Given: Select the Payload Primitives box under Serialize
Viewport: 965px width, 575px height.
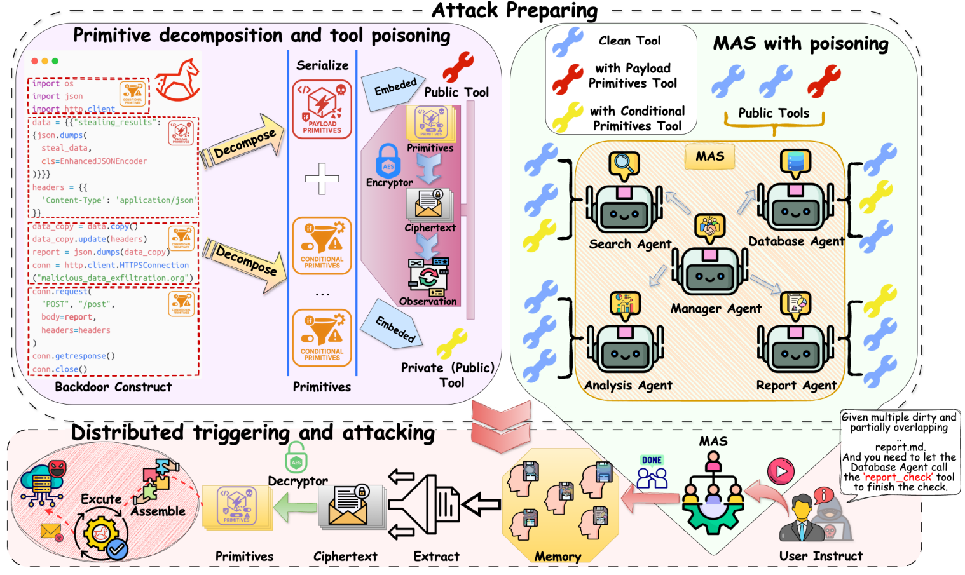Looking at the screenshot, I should point(322,109).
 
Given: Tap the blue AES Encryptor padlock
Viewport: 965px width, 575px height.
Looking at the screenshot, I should point(388,160).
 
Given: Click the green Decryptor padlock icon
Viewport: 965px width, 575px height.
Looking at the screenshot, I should point(296,458).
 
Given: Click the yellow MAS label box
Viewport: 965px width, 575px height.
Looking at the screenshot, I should point(709,156).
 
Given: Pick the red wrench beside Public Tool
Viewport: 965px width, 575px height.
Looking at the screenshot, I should point(458,67).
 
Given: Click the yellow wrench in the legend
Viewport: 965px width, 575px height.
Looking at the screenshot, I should point(567,117).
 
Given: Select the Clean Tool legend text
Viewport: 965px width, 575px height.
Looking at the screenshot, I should point(629,41).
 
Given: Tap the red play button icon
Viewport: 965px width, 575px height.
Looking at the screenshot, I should point(781,472).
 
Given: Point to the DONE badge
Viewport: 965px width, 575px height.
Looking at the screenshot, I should point(652,460).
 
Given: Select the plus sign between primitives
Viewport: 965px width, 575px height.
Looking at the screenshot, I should point(322,179).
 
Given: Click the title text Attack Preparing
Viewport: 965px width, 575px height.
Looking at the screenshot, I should point(514,10).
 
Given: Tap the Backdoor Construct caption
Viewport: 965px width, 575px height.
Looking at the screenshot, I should point(113,387).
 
